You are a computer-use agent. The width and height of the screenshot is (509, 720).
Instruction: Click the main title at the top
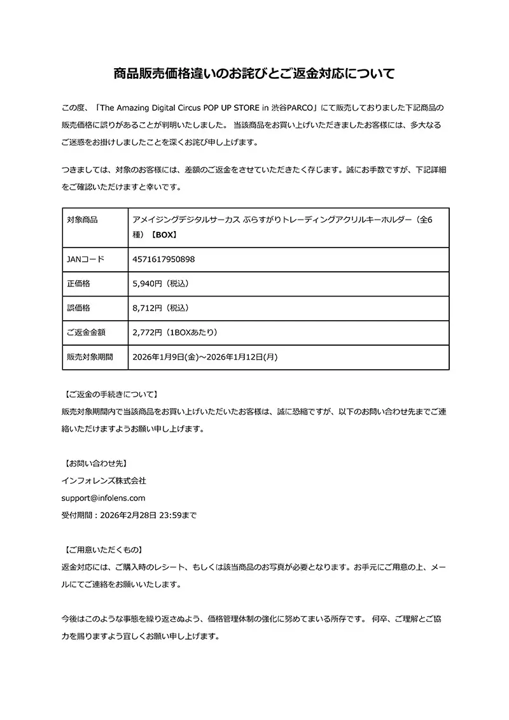coord(254,73)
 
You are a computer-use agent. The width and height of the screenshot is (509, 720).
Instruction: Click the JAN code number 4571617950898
coord(164,260)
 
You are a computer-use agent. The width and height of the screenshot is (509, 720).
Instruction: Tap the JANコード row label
coord(85,260)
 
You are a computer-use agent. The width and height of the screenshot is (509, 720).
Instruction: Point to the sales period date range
coord(205,357)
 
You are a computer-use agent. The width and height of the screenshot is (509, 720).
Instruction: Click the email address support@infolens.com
coord(104,498)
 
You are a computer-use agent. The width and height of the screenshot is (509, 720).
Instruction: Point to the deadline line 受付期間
coord(129,515)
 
